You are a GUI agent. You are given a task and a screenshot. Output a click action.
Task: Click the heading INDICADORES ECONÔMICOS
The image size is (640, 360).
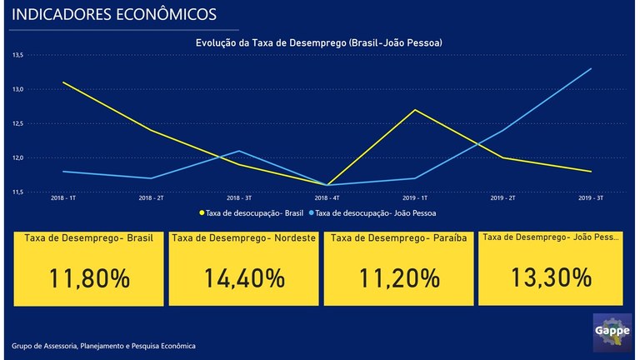115,14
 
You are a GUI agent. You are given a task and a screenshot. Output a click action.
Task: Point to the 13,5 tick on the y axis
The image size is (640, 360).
17,55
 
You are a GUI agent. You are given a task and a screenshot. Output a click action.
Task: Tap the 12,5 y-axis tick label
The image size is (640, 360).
17,123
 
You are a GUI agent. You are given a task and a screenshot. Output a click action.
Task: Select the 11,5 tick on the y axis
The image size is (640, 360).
17,192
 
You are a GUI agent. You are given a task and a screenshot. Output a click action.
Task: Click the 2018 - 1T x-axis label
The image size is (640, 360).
62,199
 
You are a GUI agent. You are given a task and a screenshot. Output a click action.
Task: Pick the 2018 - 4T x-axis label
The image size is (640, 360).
326,199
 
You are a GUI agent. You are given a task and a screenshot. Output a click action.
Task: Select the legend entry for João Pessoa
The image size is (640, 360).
377,213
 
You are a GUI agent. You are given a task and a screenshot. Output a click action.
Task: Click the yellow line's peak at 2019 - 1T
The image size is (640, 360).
414,110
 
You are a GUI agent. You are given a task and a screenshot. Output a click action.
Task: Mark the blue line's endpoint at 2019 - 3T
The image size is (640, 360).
591,68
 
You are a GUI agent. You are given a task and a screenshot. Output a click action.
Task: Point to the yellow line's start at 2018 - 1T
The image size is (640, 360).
62,82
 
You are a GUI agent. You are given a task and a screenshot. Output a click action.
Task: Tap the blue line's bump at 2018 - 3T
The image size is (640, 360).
238,151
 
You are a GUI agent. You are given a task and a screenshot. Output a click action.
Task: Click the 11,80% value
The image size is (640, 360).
90,278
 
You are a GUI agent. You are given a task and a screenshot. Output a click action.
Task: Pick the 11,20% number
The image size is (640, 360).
399,278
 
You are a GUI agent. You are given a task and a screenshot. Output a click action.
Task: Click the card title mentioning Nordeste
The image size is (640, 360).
243,238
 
